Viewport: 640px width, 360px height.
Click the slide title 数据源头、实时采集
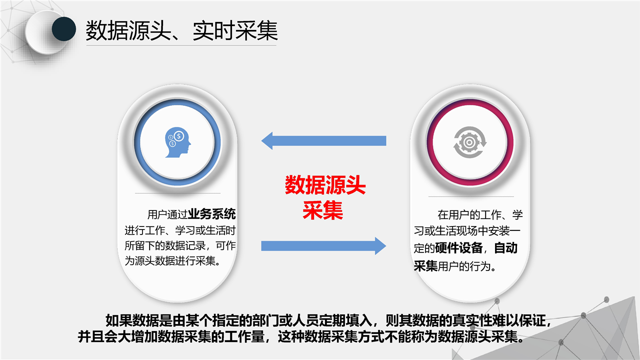(x=181, y=30)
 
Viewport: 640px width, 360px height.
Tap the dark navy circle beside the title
(x=63, y=29)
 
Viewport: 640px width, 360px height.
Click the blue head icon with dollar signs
(x=177, y=142)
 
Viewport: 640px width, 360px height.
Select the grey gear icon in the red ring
(x=469, y=142)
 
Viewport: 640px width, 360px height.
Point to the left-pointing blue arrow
(x=323, y=140)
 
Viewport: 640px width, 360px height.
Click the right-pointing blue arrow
(x=323, y=245)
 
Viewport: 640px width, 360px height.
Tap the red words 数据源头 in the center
(x=325, y=185)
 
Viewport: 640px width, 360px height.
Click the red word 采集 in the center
(x=323, y=210)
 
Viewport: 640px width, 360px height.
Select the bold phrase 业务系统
(x=211, y=214)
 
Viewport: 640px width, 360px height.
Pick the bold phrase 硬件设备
(x=459, y=247)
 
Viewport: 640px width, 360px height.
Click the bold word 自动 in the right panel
(x=505, y=247)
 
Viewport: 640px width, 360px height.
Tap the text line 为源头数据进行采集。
(x=172, y=260)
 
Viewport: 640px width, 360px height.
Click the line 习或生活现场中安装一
(x=467, y=231)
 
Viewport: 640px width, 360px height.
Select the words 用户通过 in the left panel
(x=167, y=214)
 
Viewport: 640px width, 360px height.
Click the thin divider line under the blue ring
(x=177, y=193)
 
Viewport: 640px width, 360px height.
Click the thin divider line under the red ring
(x=471, y=196)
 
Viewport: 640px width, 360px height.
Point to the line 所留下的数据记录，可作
(x=180, y=245)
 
